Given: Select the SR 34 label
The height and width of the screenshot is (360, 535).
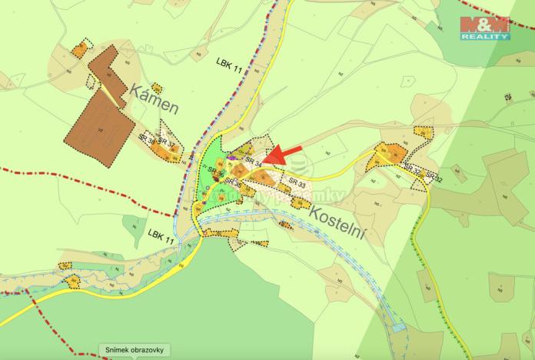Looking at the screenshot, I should (x=254, y=161).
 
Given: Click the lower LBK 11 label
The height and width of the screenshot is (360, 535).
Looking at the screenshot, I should (x=160, y=232).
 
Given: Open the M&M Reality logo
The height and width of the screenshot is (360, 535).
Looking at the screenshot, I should (x=484, y=28).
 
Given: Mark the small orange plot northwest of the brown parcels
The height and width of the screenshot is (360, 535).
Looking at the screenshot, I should (x=79, y=50).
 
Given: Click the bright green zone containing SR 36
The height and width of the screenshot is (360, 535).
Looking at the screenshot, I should (x=211, y=158).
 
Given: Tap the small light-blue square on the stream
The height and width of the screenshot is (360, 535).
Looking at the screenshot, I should (x=397, y=328).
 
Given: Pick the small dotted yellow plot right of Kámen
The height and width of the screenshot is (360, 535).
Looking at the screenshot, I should (x=157, y=88).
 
